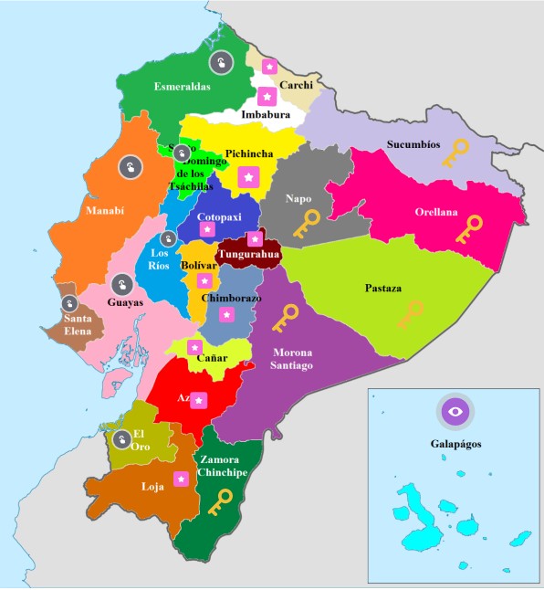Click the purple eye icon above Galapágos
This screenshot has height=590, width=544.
(454, 412)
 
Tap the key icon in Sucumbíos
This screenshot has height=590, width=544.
(455, 153)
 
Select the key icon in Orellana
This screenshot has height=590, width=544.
(470, 229)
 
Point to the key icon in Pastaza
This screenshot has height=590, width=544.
(410, 314)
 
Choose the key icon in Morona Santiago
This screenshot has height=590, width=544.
(285, 318)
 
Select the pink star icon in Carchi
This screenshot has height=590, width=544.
(269, 67)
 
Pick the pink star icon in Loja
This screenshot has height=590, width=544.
(182, 479)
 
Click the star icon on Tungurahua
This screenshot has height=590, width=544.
(256, 239)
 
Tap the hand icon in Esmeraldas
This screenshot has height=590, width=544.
(220, 63)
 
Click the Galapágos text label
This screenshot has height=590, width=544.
(455, 445)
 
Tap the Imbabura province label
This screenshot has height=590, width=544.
(266, 115)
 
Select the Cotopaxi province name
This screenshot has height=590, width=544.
(217, 217)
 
